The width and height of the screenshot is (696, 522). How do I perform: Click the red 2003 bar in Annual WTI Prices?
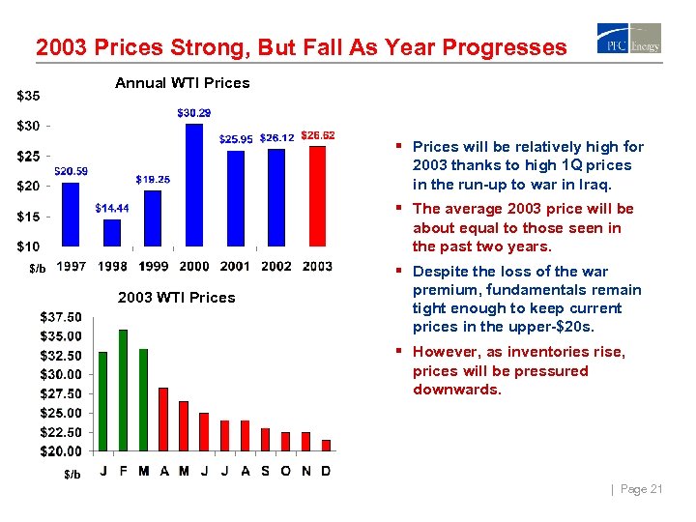317,196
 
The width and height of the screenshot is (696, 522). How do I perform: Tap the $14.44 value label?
112,208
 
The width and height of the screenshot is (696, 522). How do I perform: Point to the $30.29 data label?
193,113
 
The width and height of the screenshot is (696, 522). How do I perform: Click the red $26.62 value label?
318,135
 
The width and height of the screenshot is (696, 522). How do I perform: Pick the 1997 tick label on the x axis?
72,267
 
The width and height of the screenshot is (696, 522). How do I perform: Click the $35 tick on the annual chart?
28,96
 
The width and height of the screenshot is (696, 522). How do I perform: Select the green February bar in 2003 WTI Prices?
123,390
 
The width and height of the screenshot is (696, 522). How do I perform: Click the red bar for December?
326,445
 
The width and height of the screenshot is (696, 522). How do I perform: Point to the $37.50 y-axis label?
60,316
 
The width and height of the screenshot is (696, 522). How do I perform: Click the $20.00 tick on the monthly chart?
60,450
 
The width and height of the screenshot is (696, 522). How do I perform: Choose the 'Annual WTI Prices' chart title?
182,83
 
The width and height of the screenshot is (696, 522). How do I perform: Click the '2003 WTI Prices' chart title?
176,297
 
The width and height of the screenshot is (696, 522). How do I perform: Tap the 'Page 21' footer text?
641,490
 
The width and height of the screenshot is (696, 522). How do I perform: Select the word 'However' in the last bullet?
446,352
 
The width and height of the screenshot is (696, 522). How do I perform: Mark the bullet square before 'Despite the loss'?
399,272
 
